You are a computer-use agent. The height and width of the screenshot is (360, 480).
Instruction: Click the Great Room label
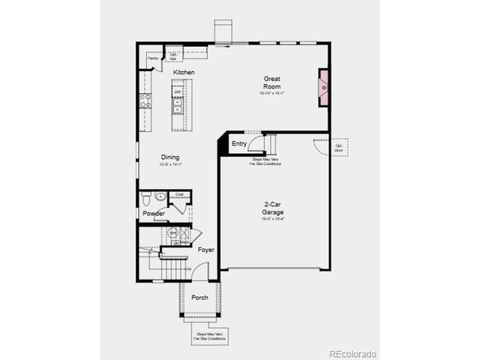tap(271, 82)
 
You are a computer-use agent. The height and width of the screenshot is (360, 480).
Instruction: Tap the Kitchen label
tap(184, 72)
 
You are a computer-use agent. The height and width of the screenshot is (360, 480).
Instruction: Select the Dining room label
tap(170, 157)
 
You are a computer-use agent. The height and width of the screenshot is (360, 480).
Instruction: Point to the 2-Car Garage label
tap(272, 208)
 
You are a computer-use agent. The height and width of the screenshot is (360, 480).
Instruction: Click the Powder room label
tap(154, 214)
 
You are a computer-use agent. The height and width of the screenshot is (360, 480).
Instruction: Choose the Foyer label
tap(205, 250)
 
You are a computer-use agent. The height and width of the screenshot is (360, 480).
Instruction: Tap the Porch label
tap(199, 298)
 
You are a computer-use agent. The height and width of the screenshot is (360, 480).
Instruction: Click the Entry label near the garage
tap(239, 143)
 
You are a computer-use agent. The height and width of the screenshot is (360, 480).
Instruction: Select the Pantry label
tap(153, 58)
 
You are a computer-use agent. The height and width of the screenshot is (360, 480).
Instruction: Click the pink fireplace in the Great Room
tap(323, 87)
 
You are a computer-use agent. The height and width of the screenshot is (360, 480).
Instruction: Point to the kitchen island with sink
tap(178, 104)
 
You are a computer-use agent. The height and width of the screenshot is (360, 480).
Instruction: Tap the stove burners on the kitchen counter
tap(145, 100)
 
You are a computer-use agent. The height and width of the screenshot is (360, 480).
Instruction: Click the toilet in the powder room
tap(146, 199)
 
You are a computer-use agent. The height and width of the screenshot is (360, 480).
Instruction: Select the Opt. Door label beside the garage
tap(339, 145)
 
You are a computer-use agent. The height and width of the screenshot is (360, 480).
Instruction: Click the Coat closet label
tap(178, 194)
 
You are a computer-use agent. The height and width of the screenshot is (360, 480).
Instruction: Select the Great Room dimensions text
tap(271, 94)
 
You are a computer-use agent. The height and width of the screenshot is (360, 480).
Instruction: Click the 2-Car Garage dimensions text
tap(272, 219)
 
